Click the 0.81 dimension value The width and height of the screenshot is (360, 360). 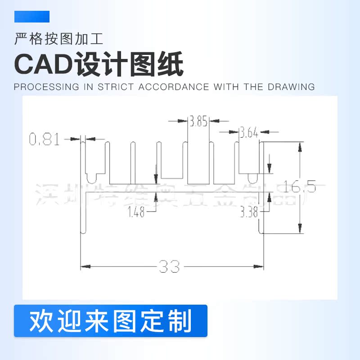tap(45, 139)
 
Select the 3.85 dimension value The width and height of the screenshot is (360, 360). tap(198, 121)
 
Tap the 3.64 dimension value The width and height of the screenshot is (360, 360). tap(249, 133)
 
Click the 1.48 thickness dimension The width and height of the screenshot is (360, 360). tap(136, 212)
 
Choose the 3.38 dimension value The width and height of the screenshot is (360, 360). tap(249, 212)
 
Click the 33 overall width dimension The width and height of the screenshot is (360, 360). tap(169, 267)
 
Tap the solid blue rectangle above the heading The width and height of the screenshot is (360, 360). tap(32, 17)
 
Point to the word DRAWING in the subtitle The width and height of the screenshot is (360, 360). tap(292, 87)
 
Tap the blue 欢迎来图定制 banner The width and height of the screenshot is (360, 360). tap(111, 321)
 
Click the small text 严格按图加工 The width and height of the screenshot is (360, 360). tap(59, 39)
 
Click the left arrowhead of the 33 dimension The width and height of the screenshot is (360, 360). tap(84, 266)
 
